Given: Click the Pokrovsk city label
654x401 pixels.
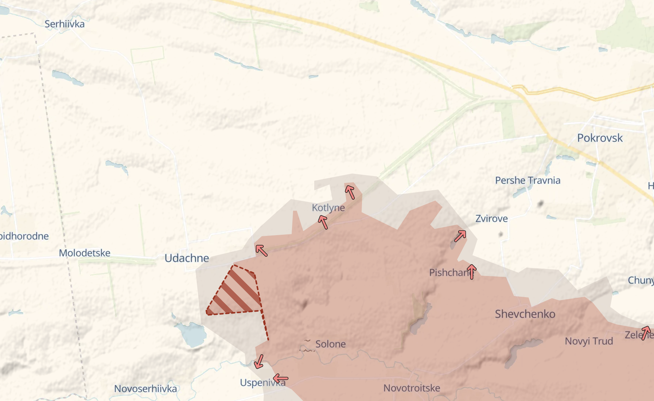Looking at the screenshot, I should [600, 138].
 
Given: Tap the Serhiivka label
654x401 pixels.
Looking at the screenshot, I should [65, 24].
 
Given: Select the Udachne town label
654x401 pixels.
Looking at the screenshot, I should [187, 258].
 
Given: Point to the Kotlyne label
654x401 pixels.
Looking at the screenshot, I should [328, 207].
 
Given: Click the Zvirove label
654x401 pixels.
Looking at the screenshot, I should [491, 219].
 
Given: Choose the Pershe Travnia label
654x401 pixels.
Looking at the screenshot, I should [528, 180].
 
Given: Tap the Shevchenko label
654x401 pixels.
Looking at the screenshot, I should [525, 314].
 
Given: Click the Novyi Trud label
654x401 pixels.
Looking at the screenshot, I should [589, 341].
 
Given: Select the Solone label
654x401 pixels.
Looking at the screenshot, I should [330, 344].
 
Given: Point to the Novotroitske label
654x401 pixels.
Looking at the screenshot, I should [412, 388].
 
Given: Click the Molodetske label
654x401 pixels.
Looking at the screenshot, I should [85, 253].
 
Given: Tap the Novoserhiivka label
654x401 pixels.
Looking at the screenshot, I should [145, 389].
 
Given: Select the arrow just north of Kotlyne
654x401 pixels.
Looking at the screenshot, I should [350, 192].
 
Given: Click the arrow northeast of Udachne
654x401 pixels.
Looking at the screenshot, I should [261, 250].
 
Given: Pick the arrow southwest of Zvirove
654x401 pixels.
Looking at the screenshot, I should [460, 236].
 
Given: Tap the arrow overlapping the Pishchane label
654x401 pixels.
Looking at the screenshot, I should [472, 272].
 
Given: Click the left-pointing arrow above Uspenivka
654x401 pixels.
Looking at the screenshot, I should [280, 378].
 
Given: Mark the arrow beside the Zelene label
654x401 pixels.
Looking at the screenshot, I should [646, 333].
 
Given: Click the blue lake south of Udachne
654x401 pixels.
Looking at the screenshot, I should [191, 334].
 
